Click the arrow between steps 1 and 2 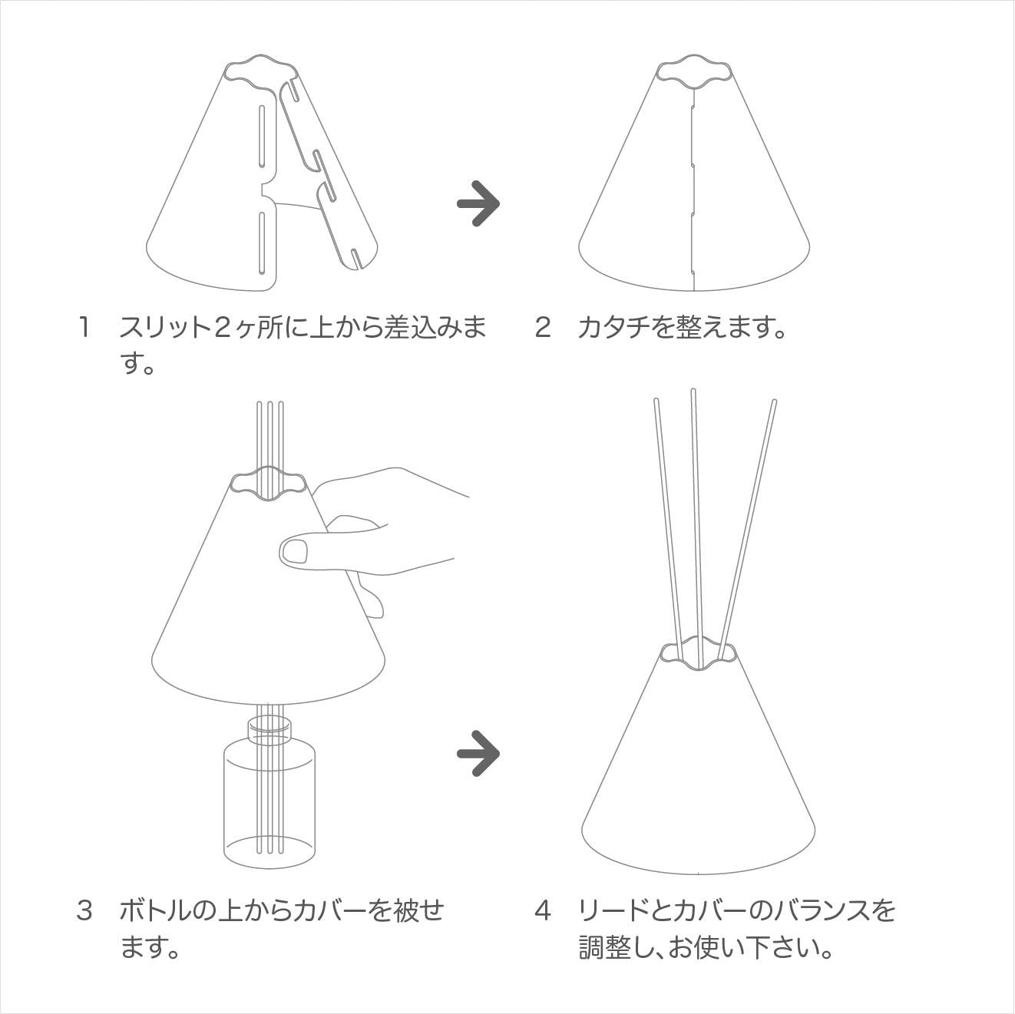point(478,203)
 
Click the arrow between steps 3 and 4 point(478,753)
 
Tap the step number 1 point(84,327)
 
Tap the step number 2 point(543,327)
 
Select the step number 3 point(84,910)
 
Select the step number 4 point(543,910)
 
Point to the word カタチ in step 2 point(613,327)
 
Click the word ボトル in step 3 point(154,910)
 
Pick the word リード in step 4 point(613,910)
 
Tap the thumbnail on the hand point(295,552)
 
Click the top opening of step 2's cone point(695,74)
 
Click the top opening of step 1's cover point(262,73)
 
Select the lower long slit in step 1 point(261,243)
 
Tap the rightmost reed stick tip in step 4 point(774,402)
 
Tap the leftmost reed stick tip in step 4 point(656,401)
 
